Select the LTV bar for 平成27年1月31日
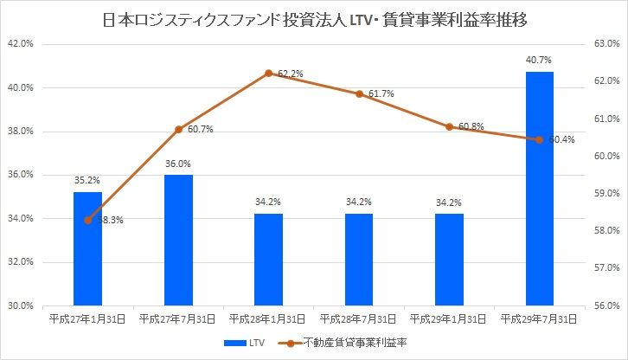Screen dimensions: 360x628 [87, 248]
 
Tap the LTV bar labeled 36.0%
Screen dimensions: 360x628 [178, 240]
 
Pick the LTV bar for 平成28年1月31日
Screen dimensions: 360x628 [268, 260]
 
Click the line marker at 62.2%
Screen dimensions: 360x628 [269, 74]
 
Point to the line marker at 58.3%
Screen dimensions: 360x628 [87, 220]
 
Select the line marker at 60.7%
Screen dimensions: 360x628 [178, 130]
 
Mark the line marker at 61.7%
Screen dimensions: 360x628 [359, 93]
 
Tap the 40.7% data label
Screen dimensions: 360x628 [539, 60]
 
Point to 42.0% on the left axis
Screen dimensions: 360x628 [20, 43]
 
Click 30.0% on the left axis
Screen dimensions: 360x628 [20, 305]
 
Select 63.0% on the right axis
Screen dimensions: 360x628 [604, 43]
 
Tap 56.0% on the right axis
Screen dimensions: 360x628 [604, 305]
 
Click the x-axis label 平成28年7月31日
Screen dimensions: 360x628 [359, 319]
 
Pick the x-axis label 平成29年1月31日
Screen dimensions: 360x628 [449, 319]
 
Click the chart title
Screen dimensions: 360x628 [314, 17]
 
